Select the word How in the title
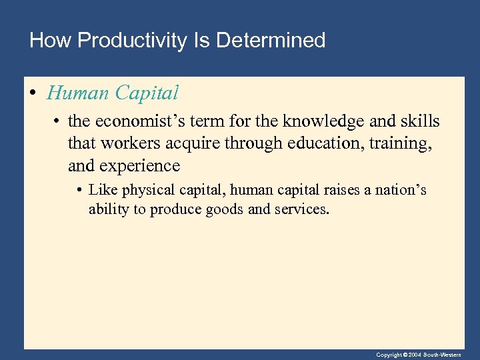[x=51, y=41]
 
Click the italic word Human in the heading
[x=78, y=93]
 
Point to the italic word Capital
[x=147, y=93]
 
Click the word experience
[x=140, y=165]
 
